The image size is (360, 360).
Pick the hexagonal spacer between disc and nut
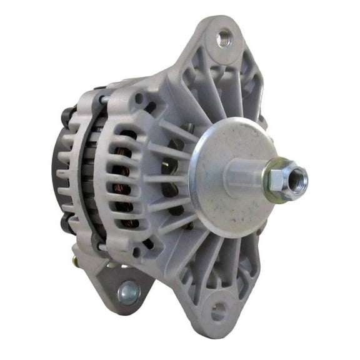click(x=247, y=178)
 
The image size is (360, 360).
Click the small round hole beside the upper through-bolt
click(x=138, y=98)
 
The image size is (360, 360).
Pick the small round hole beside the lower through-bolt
click(x=136, y=251)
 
